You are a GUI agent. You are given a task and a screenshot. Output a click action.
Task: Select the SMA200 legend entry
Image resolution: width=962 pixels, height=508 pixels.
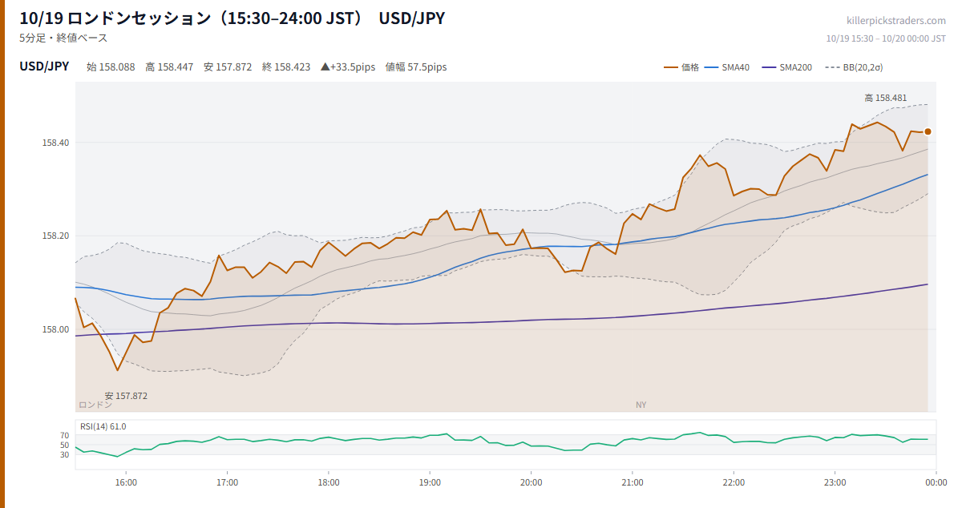pyautogui.click(x=786, y=67)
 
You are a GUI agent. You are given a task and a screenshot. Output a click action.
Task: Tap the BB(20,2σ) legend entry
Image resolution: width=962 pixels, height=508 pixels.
pyautogui.click(x=854, y=67)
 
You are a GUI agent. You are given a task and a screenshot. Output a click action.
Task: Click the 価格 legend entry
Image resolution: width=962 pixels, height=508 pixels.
pyautogui.click(x=681, y=67)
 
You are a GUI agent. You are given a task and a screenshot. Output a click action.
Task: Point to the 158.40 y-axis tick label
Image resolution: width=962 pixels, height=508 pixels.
pyautogui.click(x=55, y=143)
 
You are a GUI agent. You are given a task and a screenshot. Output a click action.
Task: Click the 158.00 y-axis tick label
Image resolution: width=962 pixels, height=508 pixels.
pyautogui.click(x=55, y=329)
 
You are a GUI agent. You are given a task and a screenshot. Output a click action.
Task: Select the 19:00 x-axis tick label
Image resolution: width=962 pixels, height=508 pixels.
pyautogui.click(x=430, y=482)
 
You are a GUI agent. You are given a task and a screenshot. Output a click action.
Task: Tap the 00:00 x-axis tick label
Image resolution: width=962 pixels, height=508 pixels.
pyautogui.click(x=936, y=482)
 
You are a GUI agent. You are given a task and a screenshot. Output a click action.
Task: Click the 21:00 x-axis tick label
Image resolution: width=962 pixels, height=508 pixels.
pyautogui.click(x=633, y=482)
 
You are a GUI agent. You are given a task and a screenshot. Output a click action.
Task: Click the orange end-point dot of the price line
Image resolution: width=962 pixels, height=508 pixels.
pyautogui.click(x=928, y=132)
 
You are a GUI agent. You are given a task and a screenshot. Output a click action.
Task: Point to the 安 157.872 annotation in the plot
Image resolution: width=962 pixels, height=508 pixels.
pyautogui.click(x=126, y=396)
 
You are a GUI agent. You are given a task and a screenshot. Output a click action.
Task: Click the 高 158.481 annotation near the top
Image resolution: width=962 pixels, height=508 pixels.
pyautogui.click(x=886, y=98)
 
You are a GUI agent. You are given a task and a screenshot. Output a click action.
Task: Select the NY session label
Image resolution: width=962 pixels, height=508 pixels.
pyautogui.click(x=641, y=405)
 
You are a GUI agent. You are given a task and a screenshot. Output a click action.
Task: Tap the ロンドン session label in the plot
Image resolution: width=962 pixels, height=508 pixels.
pyautogui.click(x=95, y=405)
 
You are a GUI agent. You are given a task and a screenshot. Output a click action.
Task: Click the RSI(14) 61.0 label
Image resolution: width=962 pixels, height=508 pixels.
pyautogui.click(x=103, y=426)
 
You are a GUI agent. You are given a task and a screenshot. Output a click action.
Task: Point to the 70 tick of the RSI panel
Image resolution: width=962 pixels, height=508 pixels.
pyautogui.click(x=64, y=435)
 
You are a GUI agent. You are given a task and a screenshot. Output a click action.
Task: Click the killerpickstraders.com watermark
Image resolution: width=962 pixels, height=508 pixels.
pyautogui.click(x=896, y=21)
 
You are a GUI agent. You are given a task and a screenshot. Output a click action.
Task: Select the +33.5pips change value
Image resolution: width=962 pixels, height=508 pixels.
pyautogui.click(x=348, y=67)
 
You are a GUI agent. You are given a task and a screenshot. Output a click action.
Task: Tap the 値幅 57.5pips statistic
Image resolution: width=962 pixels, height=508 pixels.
pyautogui.click(x=416, y=67)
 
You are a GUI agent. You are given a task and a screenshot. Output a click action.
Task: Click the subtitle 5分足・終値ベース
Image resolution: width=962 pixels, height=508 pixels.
pyautogui.click(x=63, y=38)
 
